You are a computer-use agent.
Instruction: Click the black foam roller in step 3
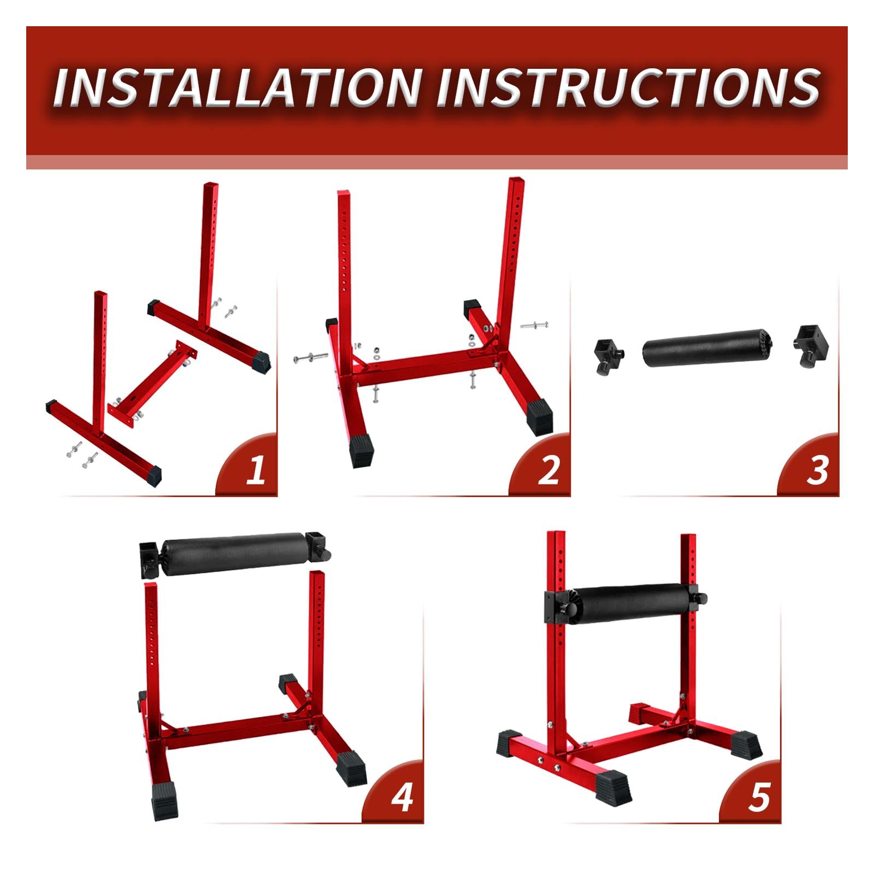(707, 347)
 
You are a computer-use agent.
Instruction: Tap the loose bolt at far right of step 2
(534, 326)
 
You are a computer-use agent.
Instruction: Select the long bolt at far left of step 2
(310, 358)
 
